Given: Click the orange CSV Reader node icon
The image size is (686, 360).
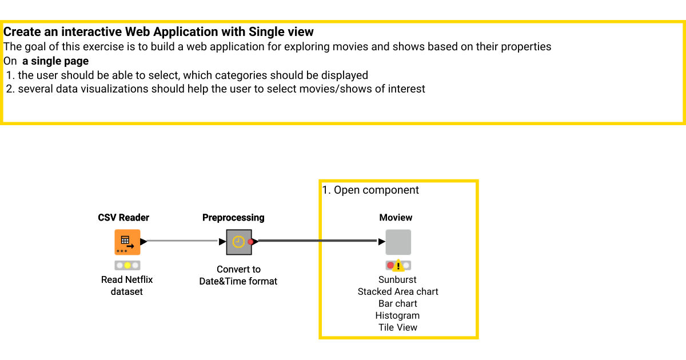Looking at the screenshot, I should (x=127, y=242).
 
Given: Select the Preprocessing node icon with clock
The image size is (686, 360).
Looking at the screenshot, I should (x=238, y=242).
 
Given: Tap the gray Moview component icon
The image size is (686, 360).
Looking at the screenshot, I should (x=398, y=242).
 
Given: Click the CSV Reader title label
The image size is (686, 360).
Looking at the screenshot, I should (x=123, y=218).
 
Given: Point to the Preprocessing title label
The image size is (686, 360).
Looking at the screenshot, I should (x=233, y=218).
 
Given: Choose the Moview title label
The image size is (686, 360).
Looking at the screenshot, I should (x=396, y=218).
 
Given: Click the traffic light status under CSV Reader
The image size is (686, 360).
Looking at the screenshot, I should (x=127, y=265).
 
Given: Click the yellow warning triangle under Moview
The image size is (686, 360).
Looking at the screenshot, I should (x=398, y=266).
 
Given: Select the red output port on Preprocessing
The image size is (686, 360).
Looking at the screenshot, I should (x=251, y=242).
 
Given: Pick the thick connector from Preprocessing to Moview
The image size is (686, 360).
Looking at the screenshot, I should (x=317, y=241).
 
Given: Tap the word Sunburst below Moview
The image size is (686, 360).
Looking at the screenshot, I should (x=397, y=280).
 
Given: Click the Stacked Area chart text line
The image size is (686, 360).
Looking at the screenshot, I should (x=398, y=292).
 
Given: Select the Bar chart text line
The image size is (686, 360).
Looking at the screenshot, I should (x=398, y=304).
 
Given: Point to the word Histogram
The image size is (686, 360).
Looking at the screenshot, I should (x=397, y=316).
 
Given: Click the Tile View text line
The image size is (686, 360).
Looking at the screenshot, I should (x=398, y=327).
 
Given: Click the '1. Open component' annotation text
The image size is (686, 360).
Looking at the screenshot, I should (x=370, y=190).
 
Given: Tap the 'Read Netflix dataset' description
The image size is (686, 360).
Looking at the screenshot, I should (x=127, y=286).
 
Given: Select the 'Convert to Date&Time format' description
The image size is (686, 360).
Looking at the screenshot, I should (x=238, y=275).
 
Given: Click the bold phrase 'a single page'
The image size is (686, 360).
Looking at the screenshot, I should (x=55, y=61).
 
